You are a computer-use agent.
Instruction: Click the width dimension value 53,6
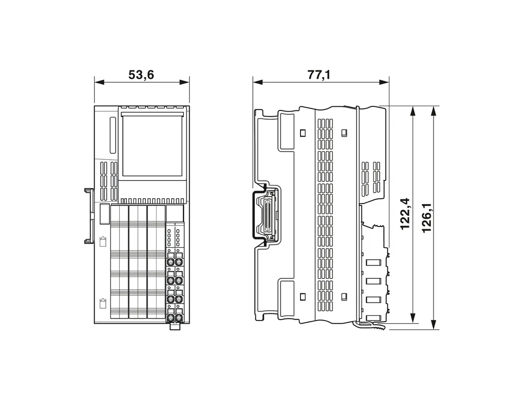click(x=141, y=75)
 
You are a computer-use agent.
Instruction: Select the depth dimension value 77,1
click(x=319, y=75)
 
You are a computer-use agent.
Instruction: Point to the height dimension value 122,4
click(x=405, y=214)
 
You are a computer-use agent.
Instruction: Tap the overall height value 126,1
click(x=426, y=218)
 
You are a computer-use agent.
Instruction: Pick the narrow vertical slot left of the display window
click(x=113, y=135)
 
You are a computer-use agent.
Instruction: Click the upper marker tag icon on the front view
click(x=103, y=241)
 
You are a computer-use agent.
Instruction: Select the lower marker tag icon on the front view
click(x=103, y=304)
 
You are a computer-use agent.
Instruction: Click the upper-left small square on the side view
click(x=303, y=133)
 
